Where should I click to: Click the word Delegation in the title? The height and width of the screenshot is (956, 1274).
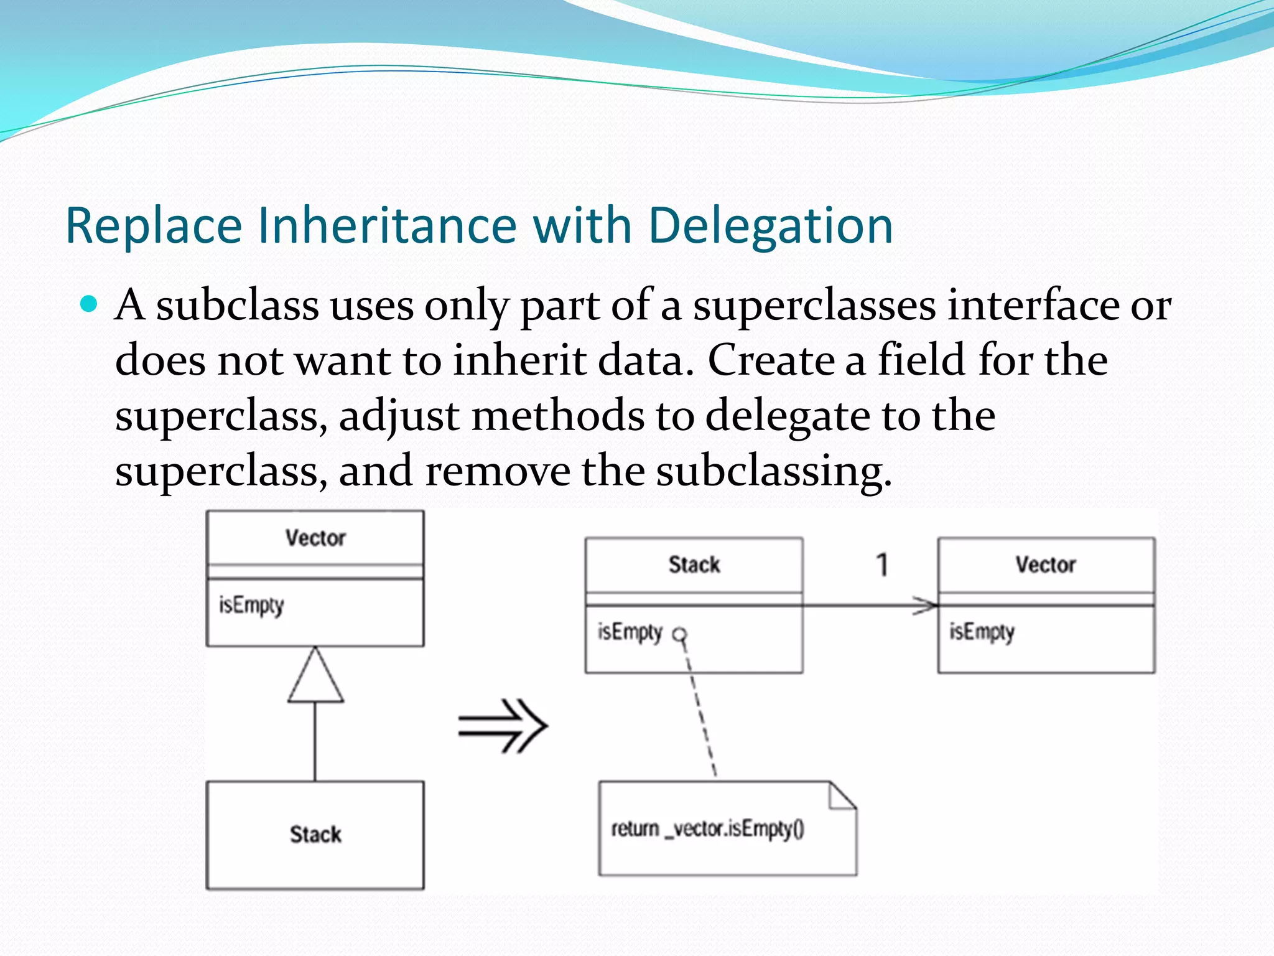(x=770, y=225)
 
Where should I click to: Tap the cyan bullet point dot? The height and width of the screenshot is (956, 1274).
(x=90, y=304)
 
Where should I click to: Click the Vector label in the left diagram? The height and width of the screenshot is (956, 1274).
(x=315, y=538)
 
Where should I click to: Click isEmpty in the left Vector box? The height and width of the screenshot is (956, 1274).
(x=251, y=605)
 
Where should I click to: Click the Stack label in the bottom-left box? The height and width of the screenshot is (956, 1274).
(x=315, y=834)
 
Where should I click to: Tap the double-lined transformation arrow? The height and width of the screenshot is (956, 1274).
(x=503, y=726)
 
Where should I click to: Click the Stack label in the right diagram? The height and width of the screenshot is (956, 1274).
(x=694, y=565)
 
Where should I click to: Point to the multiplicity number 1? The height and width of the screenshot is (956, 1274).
(x=881, y=565)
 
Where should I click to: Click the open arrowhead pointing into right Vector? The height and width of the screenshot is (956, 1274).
(x=926, y=605)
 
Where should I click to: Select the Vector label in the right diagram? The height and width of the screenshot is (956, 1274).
(x=1046, y=565)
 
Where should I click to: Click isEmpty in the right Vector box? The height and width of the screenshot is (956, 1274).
(x=982, y=632)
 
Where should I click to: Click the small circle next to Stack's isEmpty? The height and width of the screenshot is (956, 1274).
(x=681, y=635)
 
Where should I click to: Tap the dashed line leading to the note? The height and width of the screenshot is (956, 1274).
(x=700, y=710)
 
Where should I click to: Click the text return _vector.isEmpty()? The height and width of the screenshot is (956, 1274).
(x=707, y=829)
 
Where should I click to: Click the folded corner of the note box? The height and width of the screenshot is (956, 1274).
(x=841, y=797)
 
